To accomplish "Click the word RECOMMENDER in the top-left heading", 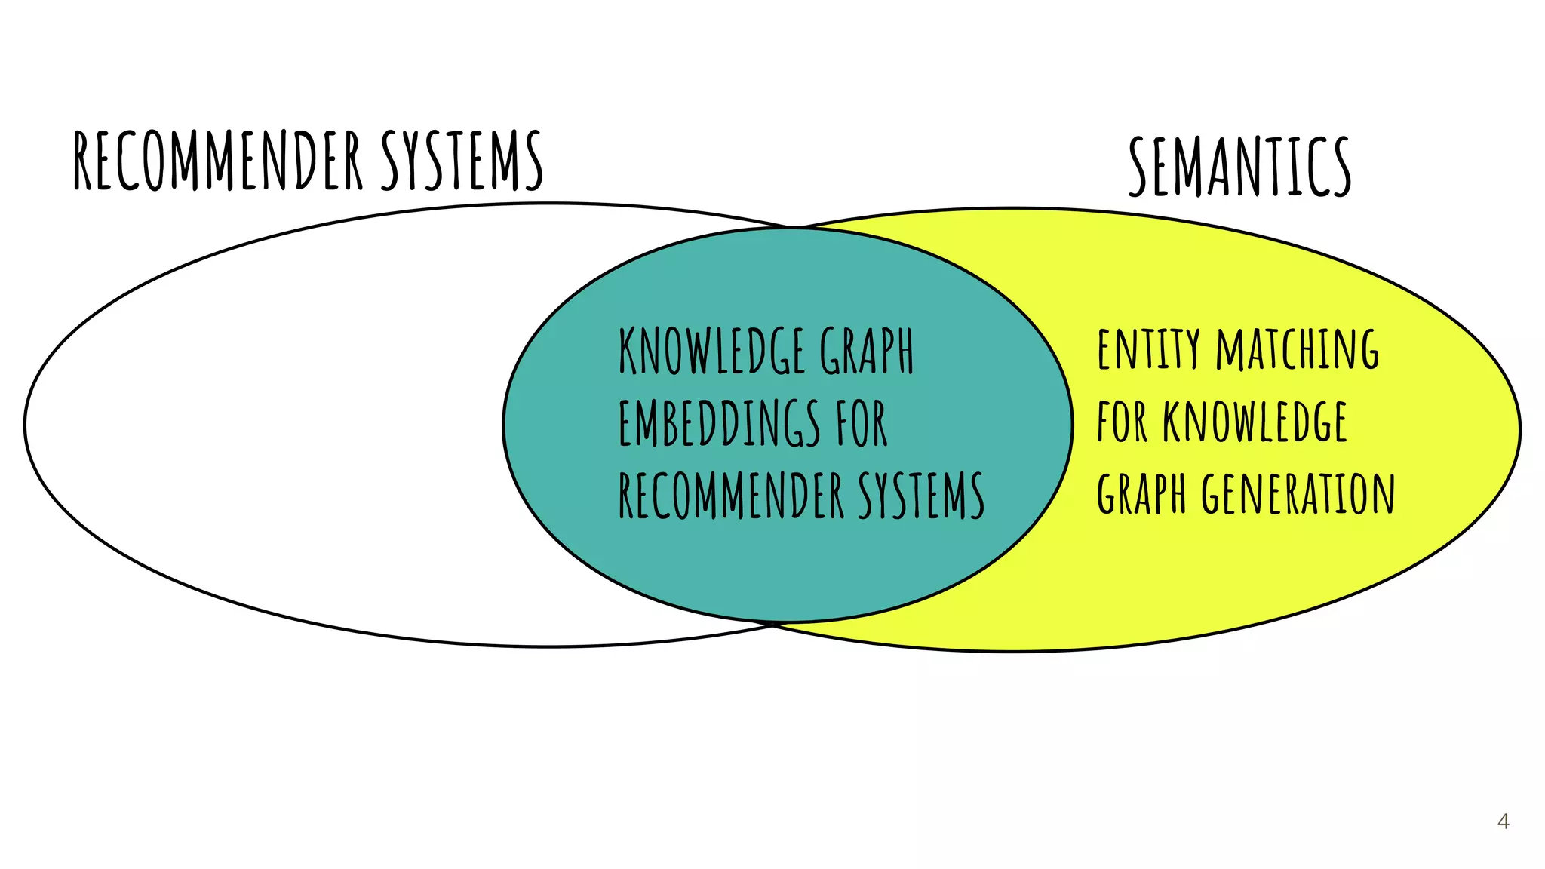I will coord(219,160).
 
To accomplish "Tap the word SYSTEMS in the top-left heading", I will coord(461,160).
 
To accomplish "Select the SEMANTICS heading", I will coord(1239,167).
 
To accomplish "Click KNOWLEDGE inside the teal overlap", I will coord(711,351).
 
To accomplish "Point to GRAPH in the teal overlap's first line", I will coord(867,351).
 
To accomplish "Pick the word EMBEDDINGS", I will coord(719,423).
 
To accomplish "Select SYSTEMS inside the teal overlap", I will coord(921,496).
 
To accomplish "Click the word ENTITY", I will coord(1148,349).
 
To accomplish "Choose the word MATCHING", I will coord(1298,349).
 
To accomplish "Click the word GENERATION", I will coord(1298,493).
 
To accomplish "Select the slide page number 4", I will coord(1503,821).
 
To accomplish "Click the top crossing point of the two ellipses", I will coord(794,227).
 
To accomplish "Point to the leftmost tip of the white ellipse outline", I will coord(25,425).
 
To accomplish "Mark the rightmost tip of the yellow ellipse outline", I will coord(1519,430).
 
